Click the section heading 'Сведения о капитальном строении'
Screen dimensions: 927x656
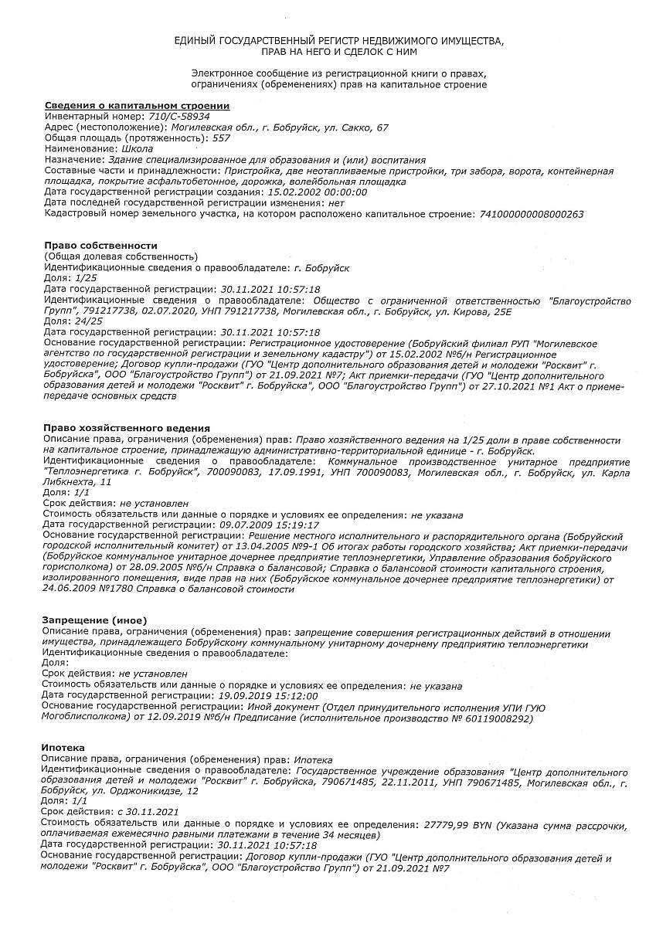click(x=137, y=105)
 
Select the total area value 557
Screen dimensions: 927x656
click(x=221, y=138)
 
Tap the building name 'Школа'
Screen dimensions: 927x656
click(x=138, y=148)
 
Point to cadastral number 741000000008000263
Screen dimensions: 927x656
click(x=532, y=213)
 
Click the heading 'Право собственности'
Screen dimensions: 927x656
click(x=100, y=246)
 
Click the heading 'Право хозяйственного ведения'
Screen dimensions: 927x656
click(x=127, y=428)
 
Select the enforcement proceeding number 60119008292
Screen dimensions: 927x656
click(x=495, y=718)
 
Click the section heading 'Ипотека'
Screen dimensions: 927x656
click(x=63, y=749)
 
